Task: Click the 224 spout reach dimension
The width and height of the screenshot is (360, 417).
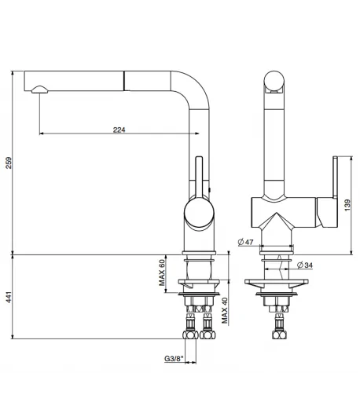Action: pos(119,130)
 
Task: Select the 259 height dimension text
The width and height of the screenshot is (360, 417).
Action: pos(9,163)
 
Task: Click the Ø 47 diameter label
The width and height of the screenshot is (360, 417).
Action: pos(247,242)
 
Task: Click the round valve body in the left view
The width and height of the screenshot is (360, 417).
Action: pos(197,213)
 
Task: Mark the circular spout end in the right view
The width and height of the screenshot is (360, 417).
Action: pos(274,82)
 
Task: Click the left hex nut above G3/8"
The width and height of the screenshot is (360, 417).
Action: pos(189,335)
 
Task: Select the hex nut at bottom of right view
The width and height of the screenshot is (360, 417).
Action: pos(277,336)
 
